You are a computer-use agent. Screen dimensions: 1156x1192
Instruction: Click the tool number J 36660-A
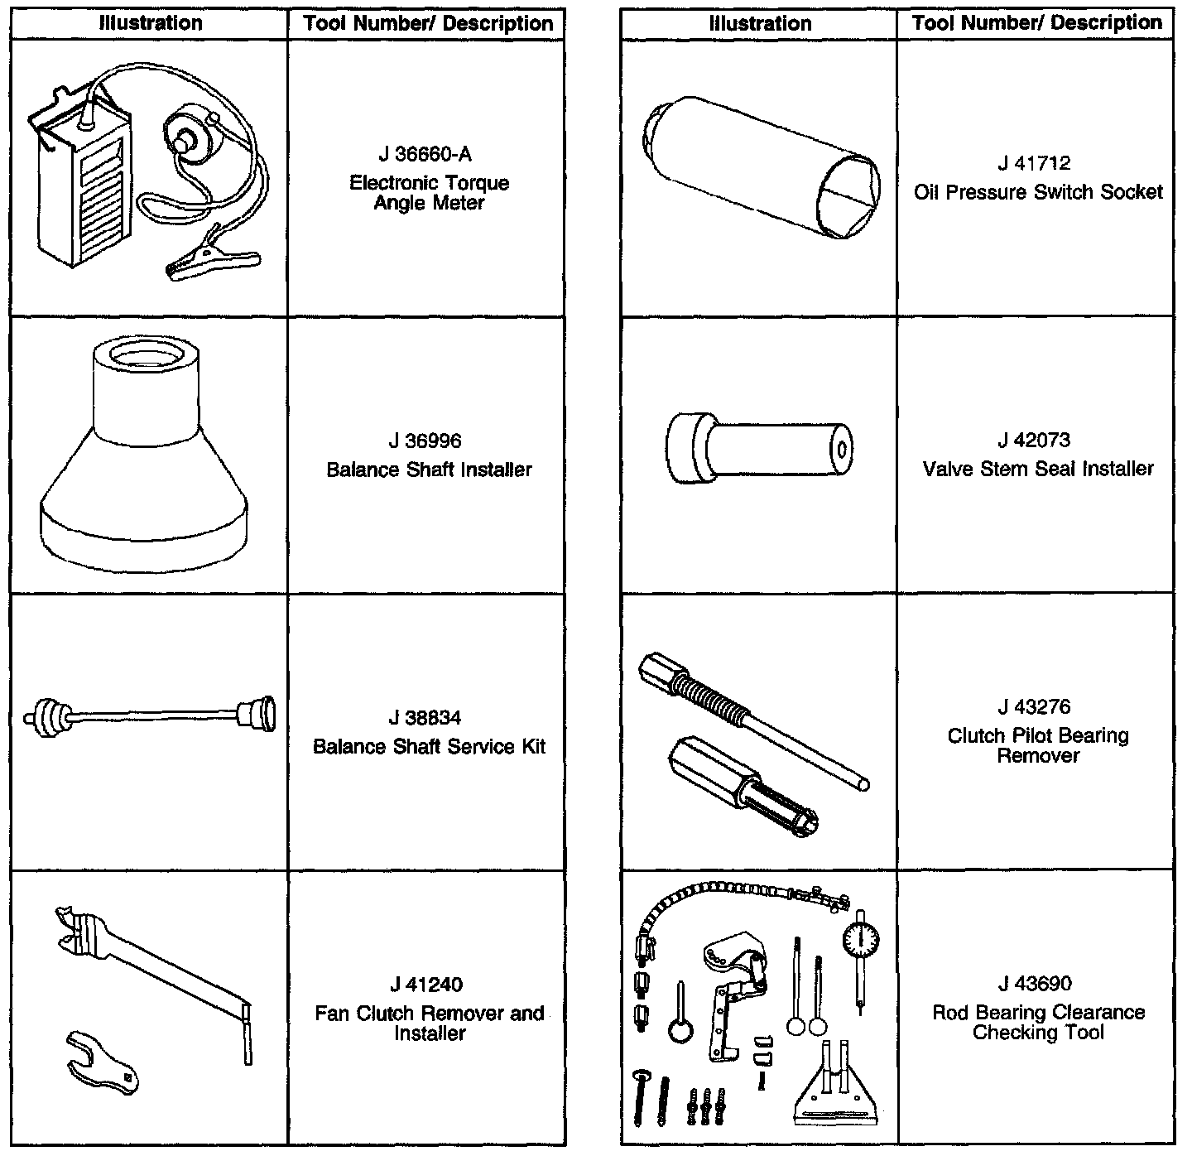coord(429,155)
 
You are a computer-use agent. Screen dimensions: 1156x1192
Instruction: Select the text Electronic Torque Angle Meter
coord(429,192)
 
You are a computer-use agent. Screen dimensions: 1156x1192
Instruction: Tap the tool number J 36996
coord(429,441)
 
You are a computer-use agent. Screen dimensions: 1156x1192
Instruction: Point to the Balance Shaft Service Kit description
coord(429,747)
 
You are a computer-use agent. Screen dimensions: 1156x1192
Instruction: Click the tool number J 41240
coord(429,985)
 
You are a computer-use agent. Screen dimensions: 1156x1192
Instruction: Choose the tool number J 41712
coord(1038,164)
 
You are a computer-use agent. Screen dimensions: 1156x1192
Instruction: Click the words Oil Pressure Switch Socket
coord(1038,192)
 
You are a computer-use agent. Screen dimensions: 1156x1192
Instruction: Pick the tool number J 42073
coord(1038,441)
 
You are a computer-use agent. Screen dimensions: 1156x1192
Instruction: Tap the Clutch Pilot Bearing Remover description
coord(1038,745)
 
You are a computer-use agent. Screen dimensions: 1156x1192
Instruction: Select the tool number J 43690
coord(1038,984)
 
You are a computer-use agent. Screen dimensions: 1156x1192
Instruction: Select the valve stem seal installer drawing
coord(758,449)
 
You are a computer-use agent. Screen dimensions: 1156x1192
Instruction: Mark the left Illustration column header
coord(150,23)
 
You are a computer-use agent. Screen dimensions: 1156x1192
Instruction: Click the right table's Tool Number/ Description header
coord(1036,23)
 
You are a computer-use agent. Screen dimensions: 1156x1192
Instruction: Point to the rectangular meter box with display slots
coord(83,190)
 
